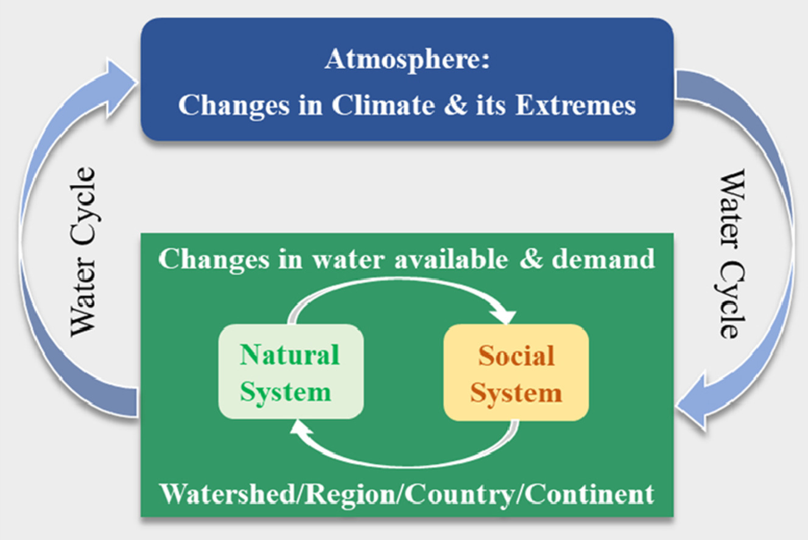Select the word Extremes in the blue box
coord(575,105)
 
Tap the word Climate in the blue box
coord(383,105)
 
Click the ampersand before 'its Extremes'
coord(455,105)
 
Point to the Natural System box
coord(290,371)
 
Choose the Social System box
coord(516,372)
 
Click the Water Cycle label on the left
coord(83,252)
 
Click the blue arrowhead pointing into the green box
coord(692,402)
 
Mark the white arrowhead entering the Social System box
coord(504,314)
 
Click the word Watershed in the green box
coord(228,494)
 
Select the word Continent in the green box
coord(589,494)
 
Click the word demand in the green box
coord(603,259)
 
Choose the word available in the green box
coord(451,259)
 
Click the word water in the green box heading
coord(348,260)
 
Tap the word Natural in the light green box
coord(290,355)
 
